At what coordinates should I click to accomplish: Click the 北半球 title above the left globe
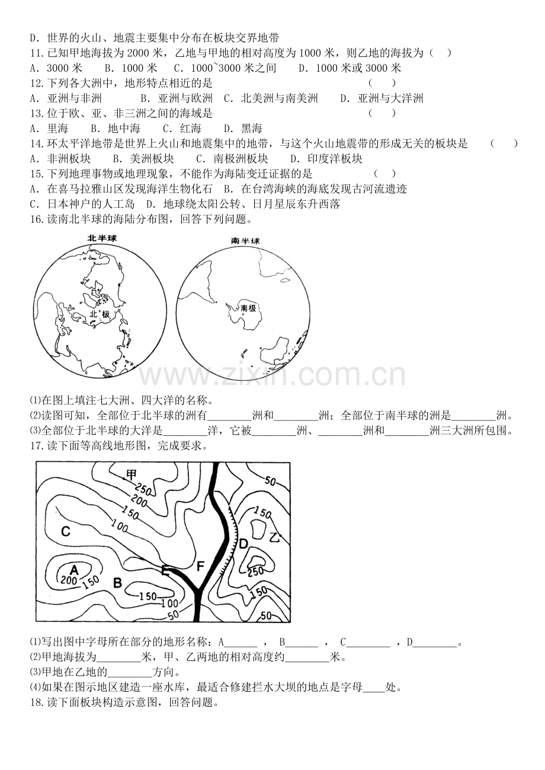[x=102, y=238]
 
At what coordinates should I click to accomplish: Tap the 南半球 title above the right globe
[x=245, y=240]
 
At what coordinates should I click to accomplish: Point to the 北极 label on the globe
[x=100, y=314]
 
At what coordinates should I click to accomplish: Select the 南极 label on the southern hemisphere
[x=248, y=308]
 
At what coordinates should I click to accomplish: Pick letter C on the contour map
[x=65, y=531]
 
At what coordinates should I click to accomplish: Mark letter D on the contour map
[x=243, y=544]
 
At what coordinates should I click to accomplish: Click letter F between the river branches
[x=200, y=566]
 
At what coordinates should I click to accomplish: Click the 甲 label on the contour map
[x=132, y=474]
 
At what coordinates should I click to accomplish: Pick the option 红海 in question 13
[x=191, y=129]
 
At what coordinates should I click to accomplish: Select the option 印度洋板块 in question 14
[x=335, y=159]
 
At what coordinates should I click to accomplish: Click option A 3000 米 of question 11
[x=56, y=68]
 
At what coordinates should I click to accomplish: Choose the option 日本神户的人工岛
[x=91, y=204]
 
